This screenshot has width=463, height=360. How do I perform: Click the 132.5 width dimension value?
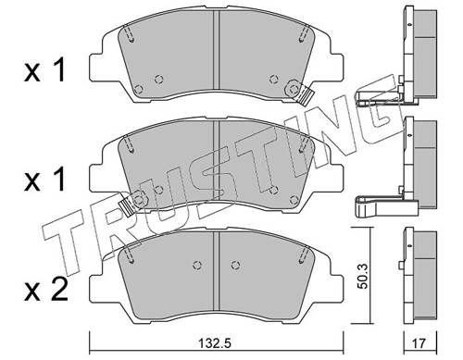(x=216, y=343)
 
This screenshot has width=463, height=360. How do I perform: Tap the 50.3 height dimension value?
(x=363, y=276)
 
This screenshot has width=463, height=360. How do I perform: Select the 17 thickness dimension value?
(x=419, y=343)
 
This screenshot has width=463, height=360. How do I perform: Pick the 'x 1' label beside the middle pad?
(x=44, y=179)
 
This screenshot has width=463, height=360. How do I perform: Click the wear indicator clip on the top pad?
(x=304, y=96)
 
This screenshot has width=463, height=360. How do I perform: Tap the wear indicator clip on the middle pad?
(x=128, y=205)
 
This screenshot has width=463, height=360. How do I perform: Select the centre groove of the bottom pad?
(x=216, y=270)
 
